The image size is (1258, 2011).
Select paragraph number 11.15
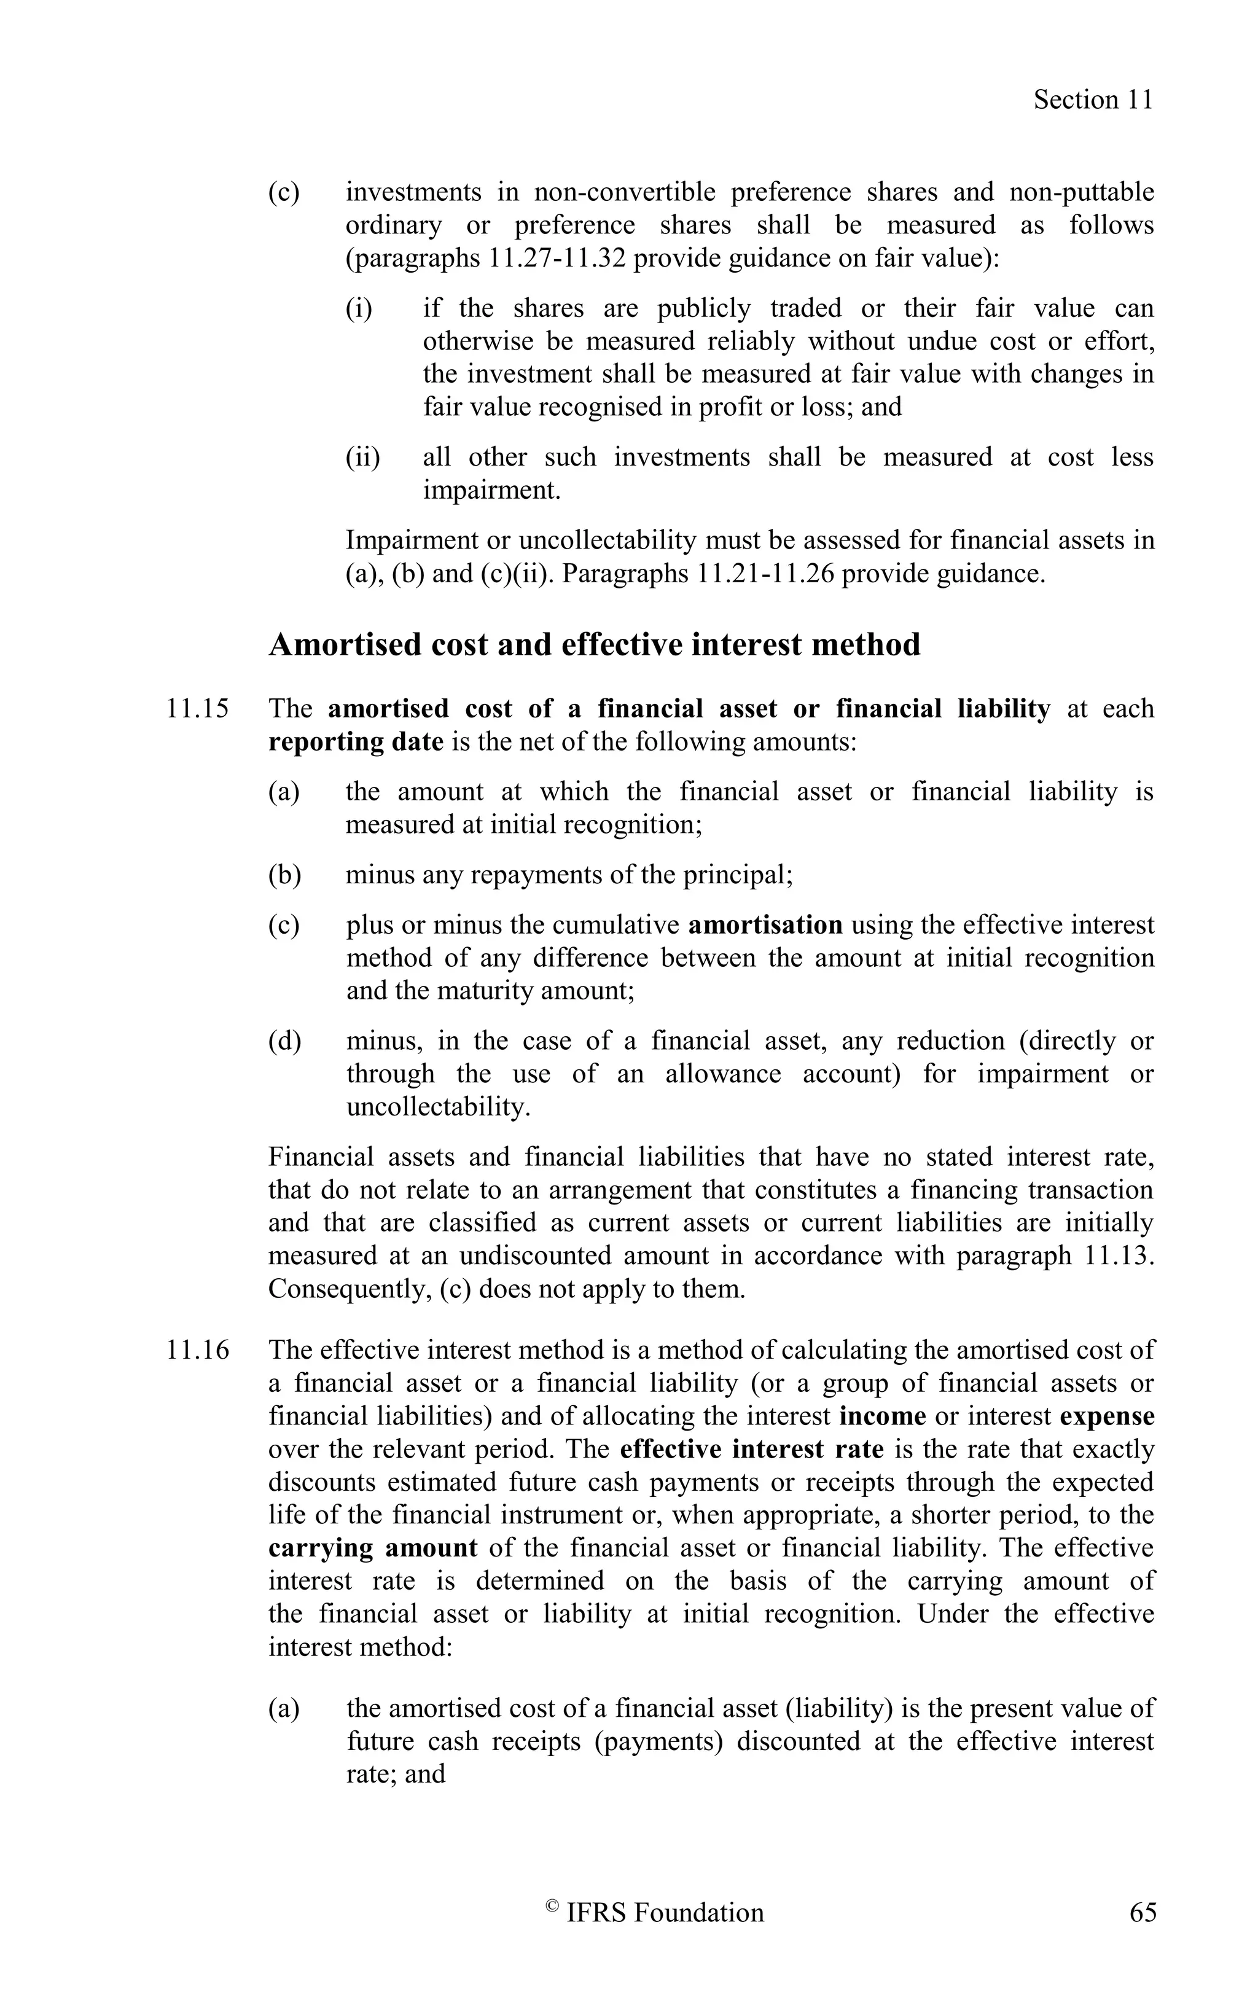(x=197, y=709)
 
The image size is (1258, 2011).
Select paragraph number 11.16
(x=197, y=1349)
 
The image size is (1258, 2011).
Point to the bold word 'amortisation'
(x=765, y=925)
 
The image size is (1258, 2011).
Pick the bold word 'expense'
(x=1106, y=1416)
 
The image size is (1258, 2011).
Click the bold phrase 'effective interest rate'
(x=751, y=1450)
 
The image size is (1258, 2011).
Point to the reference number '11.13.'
(x=1120, y=1255)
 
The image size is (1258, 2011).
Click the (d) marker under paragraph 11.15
(x=284, y=1041)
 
